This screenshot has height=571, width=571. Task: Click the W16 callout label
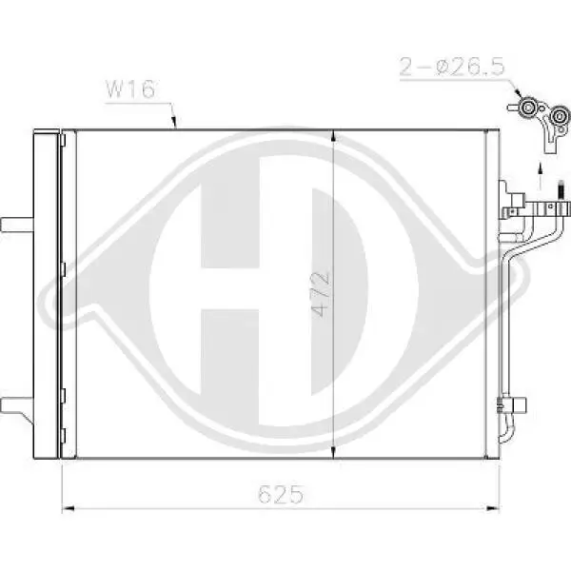[125, 91]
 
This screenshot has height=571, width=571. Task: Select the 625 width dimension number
[282, 495]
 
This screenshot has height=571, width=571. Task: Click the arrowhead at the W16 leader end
[176, 123]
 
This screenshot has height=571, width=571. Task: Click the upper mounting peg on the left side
[16, 225]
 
